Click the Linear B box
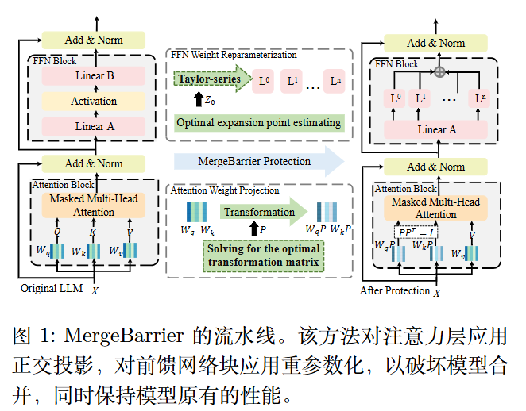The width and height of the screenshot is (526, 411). click(x=94, y=76)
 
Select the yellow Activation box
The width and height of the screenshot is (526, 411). click(x=94, y=101)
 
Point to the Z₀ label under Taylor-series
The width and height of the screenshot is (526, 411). click(x=210, y=101)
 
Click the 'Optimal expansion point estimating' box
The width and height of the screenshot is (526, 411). click(x=258, y=123)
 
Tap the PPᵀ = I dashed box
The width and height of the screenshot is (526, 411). click(x=416, y=232)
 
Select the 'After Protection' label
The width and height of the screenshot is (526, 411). click(x=394, y=290)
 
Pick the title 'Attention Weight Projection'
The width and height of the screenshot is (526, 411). click(x=226, y=190)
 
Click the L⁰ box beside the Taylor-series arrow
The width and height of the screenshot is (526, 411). click(x=265, y=81)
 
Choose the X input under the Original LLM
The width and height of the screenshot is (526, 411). click(x=95, y=291)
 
